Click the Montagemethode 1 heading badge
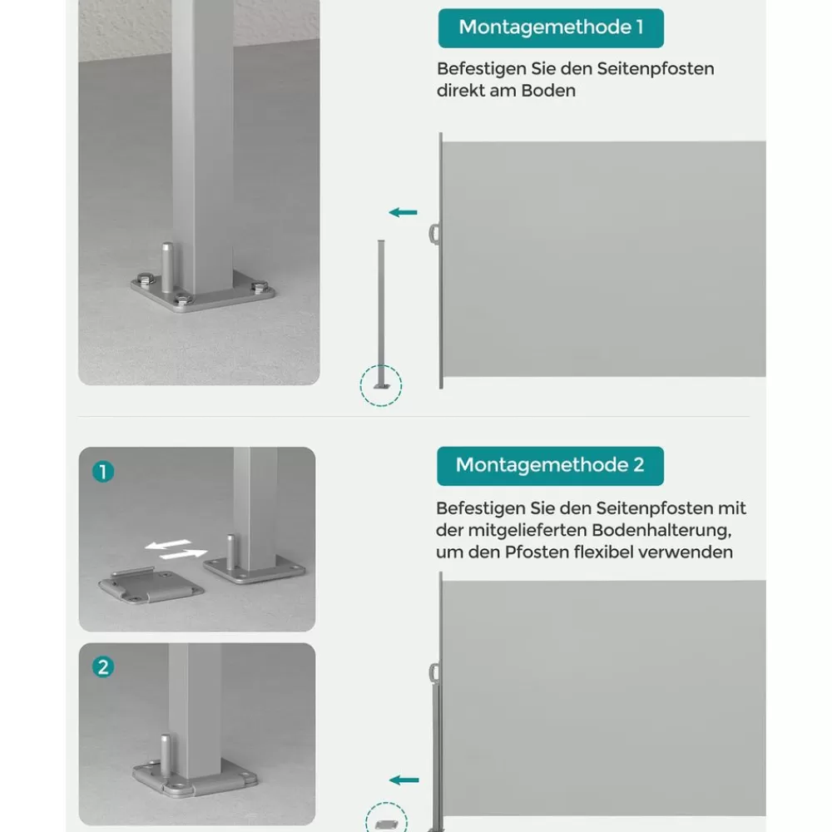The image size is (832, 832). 551,28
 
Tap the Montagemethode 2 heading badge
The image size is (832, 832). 550,466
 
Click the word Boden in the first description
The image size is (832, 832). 548,91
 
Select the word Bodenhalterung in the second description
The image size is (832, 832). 661,530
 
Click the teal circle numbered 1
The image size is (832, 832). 103,471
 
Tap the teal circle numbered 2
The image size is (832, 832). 103,667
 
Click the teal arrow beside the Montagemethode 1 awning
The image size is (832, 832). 404,213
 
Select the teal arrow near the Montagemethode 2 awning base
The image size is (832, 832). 404,780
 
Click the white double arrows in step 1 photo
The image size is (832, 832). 176,550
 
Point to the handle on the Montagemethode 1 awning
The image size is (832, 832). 434,234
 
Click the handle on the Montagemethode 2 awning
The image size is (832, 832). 434,674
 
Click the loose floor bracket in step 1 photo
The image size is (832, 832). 151,585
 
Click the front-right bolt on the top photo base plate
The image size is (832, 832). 259,288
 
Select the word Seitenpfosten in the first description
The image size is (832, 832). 656,69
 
